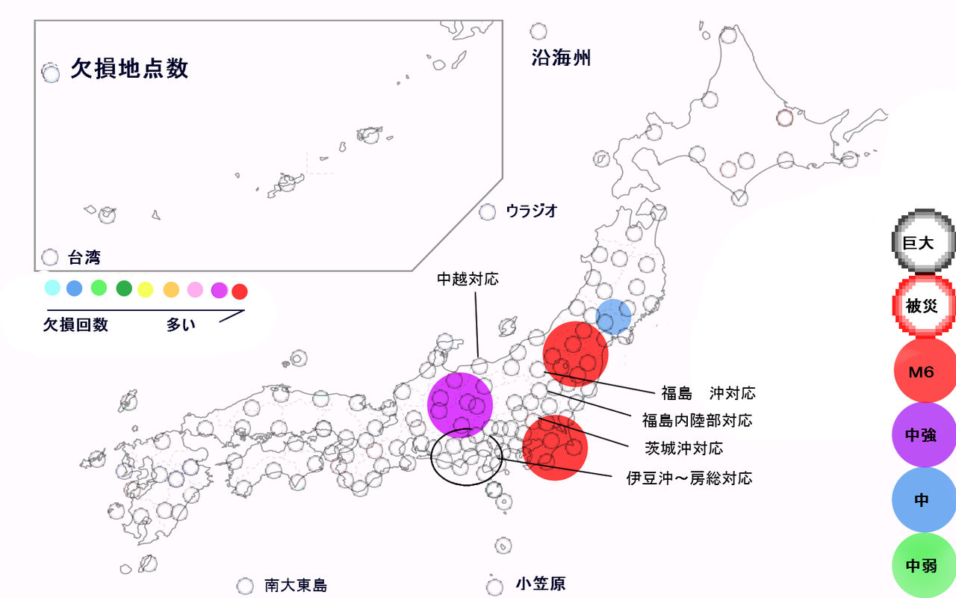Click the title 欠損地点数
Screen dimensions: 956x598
[129, 69]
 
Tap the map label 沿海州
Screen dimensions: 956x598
[561, 58]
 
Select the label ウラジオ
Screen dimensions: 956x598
[531, 211]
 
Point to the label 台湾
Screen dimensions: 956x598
[84, 258]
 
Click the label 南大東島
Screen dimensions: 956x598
[296, 585]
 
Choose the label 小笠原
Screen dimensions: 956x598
[540, 584]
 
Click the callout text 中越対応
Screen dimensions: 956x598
[468, 280]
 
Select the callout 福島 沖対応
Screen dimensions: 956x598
[708, 392]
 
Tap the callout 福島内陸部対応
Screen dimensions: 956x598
[697, 420]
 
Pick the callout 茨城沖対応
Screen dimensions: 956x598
[684, 449]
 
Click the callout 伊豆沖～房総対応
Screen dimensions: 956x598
[689, 478]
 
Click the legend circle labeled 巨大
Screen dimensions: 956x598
[924, 242]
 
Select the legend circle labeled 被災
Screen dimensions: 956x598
[924, 305]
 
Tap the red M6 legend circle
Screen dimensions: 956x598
[925, 371]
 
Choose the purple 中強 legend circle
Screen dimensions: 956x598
[925, 435]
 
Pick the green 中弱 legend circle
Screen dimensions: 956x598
[925, 565]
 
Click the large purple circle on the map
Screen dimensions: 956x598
[460, 404]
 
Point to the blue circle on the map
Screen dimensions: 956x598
[614, 316]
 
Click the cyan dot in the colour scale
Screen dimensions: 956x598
[52, 288]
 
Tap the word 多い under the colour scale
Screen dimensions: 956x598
[181, 325]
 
